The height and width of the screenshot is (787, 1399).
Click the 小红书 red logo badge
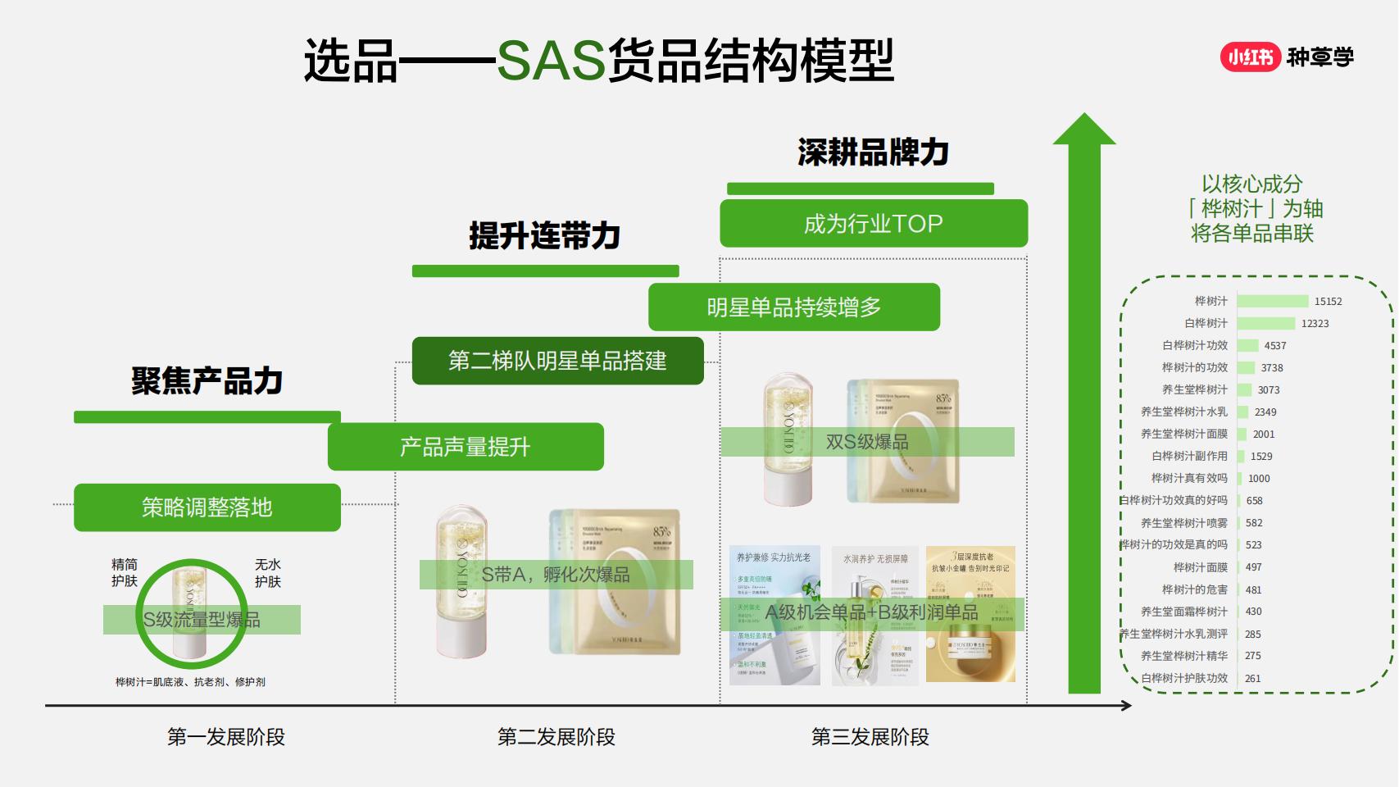[x=1250, y=57]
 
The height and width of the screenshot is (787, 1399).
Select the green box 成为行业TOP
[x=873, y=223]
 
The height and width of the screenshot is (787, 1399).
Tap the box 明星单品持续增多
[x=793, y=307]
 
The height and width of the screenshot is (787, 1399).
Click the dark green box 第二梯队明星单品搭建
[x=557, y=361]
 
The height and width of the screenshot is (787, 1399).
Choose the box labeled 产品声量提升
[x=465, y=447]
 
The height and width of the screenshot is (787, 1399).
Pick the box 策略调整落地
[x=207, y=507]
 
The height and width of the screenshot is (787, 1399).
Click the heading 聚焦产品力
[x=207, y=381]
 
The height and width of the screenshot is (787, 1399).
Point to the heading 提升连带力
[x=544, y=236]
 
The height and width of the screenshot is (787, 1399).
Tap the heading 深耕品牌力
[x=873, y=152]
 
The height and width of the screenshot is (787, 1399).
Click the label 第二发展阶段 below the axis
[x=556, y=737]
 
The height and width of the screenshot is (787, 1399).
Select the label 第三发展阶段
[x=870, y=737]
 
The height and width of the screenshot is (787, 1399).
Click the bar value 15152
[x=1328, y=302]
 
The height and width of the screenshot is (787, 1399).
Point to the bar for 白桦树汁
[x=1265, y=324]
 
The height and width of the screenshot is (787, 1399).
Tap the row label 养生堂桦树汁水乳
[x=1183, y=412]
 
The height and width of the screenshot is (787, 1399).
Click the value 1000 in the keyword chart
[x=1259, y=479]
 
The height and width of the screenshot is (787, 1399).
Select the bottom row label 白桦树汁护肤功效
[x=1183, y=679]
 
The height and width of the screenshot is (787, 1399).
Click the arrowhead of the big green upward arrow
[x=1084, y=130]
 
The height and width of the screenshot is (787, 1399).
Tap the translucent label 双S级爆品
[x=867, y=442]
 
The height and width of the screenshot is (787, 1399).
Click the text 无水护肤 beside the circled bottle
[x=267, y=573]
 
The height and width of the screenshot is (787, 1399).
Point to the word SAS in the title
[x=551, y=61]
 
